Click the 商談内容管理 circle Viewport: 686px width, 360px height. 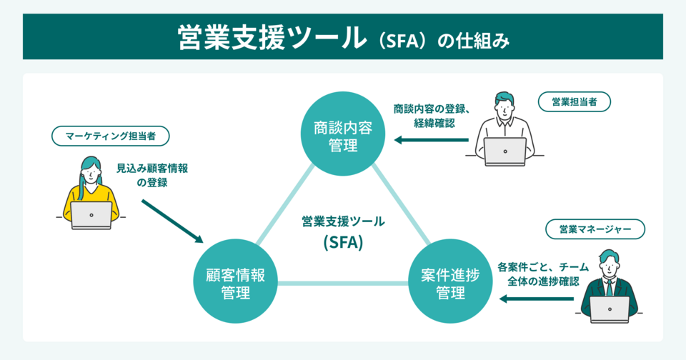point(342,136)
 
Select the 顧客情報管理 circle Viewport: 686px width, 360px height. point(236,282)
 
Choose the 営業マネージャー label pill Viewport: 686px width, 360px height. point(595,229)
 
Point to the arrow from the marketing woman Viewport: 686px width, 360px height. point(172,221)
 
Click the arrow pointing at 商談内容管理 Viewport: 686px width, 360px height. point(432,140)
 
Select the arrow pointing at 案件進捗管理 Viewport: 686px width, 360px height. point(535,299)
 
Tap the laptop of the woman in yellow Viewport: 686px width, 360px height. point(91,214)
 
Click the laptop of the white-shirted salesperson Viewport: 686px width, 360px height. point(504,151)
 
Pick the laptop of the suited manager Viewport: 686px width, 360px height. point(609,309)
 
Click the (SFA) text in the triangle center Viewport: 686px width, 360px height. point(343,242)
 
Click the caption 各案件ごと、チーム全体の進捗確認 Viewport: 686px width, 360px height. point(543,274)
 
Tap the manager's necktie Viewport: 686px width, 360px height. point(610,286)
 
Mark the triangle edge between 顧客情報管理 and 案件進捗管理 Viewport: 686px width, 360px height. point(343,283)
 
